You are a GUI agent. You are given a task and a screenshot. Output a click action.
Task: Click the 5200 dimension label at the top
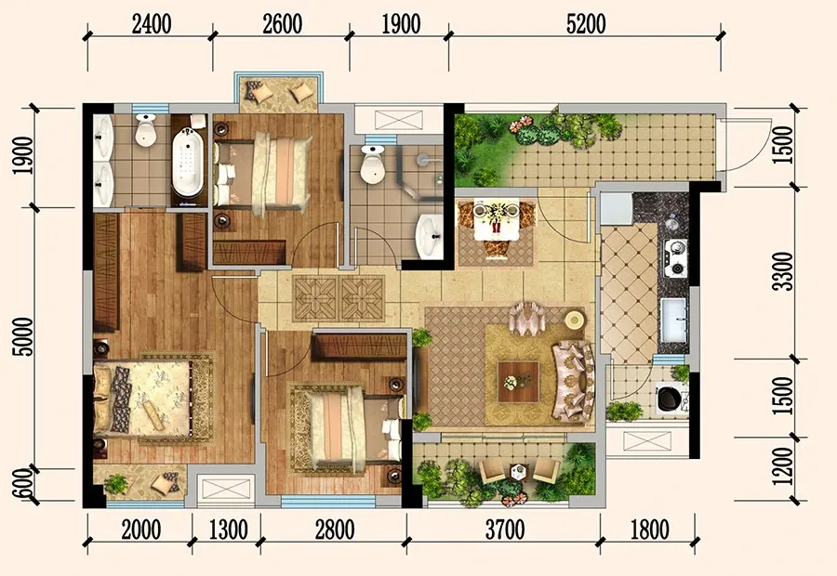pyautogui.click(x=586, y=24)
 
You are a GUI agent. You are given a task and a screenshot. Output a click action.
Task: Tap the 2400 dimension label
pyautogui.click(x=152, y=24)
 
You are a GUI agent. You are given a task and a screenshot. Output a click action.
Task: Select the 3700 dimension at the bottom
pyautogui.click(x=505, y=530)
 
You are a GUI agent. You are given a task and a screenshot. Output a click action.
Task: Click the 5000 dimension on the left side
pyautogui.click(x=24, y=336)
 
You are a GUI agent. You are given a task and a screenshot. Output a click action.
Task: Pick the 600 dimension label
pyautogui.click(x=23, y=483)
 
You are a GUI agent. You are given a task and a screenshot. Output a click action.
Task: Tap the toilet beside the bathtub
pyautogui.click(x=145, y=130)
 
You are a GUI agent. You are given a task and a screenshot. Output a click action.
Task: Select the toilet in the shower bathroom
pyautogui.click(x=372, y=163)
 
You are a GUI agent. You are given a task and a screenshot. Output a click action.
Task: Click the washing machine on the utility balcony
pyautogui.click(x=670, y=398)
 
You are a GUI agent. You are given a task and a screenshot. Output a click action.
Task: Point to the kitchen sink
pyautogui.click(x=673, y=320)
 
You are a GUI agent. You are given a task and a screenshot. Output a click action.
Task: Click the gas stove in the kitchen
pyautogui.click(x=675, y=258)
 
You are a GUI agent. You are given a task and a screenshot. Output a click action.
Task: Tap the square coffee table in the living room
pyautogui.click(x=518, y=382)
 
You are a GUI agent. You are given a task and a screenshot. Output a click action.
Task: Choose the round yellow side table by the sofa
pyautogui.click(x=575, y=321)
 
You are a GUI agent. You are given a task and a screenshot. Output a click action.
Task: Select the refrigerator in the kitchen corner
pyautogui.click(x=616, y=209)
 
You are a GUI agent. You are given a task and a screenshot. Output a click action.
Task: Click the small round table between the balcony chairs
pyautogui.click(x=518, y=471)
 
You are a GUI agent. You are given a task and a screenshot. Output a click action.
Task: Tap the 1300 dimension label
pyautogui.click(x=228, y=530)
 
